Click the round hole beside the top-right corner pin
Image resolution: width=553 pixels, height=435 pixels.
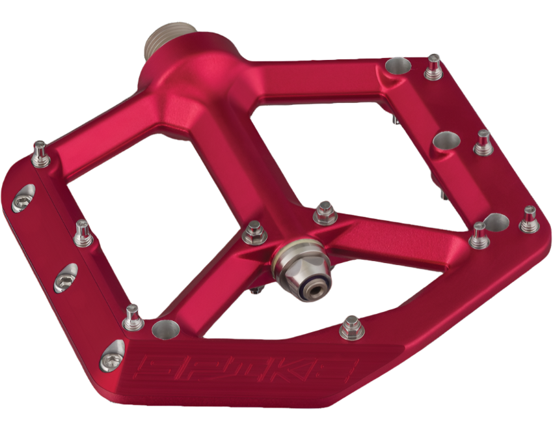pyautogui.click(x=398, y=66)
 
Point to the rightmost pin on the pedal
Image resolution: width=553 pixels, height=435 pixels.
pyautogui.click(x=529, y=219)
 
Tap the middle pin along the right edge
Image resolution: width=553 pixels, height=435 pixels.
pyautogui.click(x=483, y=143)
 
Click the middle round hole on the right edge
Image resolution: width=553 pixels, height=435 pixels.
pyautogui.click(x=446, y=141)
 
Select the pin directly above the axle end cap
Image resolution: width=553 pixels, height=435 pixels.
pyautogui.click(x=325, y=213)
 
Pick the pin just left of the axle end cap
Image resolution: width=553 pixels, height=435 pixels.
pyautogui.click(x=254, y=232)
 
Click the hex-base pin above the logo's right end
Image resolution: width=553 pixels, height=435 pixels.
pyautogui.click(x=351, y=327)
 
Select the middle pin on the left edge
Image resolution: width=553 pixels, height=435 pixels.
pyautogui.click(x=83, y=232)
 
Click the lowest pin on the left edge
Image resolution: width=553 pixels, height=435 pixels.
pyautogui.click(x=133, y=317)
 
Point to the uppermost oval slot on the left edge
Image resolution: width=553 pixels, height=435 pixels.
pyautogui.click(x=24, y=197)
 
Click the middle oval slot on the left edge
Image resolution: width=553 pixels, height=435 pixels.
pyautogui.click(x=65, y=278)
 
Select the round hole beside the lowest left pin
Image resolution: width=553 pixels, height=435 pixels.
pyautogui.click(x=163, y=329)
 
